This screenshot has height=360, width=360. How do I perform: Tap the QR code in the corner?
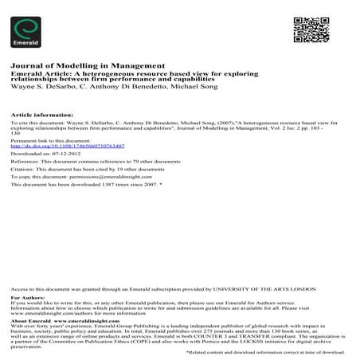point(310,29)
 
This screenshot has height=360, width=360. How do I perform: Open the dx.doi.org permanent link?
point(67,147)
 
